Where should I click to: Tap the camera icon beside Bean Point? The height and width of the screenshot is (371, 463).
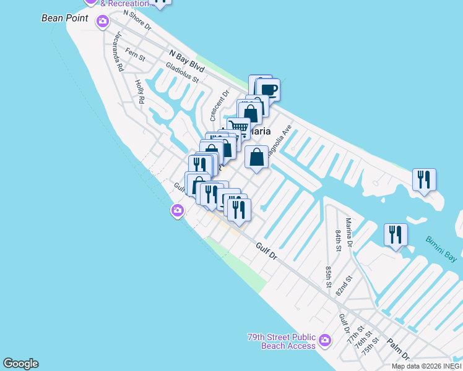[x=102, y=22]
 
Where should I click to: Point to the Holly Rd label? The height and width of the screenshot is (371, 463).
[x=139, y=91]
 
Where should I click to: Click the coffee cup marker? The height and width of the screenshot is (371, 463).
[x=269, y=90]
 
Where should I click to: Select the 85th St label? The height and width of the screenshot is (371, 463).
[x=329, y=276]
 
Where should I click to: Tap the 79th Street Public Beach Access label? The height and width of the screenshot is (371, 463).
[x=281, y=341]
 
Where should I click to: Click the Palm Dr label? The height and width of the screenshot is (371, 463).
[x=399, y=348]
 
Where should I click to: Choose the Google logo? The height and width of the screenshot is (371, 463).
[x=20, y=364]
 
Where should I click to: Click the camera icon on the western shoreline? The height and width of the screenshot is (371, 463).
[x=178, y=211]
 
